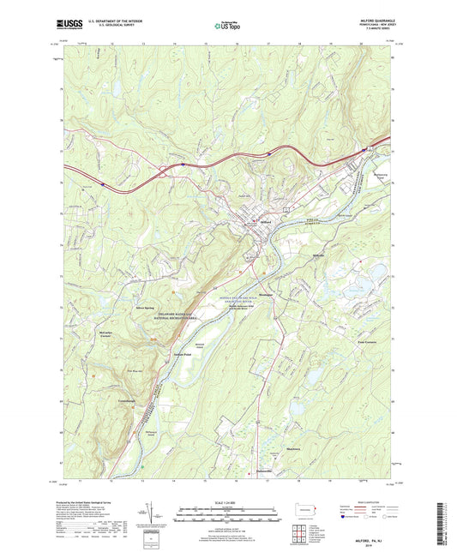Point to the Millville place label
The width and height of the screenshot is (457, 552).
tap(318, 256)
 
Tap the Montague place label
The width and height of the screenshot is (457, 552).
tap(266, 294)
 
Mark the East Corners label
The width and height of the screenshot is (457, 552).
tap(367, 342)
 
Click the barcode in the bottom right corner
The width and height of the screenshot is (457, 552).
tap(443, 525)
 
